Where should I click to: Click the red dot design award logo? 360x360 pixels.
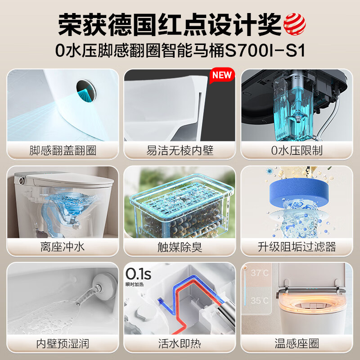(x=295, y=23)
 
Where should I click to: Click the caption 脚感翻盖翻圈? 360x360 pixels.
(x=63, y=150)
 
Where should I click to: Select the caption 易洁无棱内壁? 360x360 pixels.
(x=180, y=150)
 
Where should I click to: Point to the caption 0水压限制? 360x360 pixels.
(x=297, y=150)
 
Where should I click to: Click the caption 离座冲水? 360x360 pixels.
(x=63, y=247)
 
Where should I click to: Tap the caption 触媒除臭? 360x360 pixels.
(x=180, y=247)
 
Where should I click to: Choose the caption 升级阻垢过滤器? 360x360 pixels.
(x=297, y=247)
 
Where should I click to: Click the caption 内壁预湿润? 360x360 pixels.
(x=63, y=344)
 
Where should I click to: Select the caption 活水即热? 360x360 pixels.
(x=180, y=344)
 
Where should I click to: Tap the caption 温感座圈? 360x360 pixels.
(x=297, y=344)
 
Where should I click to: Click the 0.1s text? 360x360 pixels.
(x=138, y=274)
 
